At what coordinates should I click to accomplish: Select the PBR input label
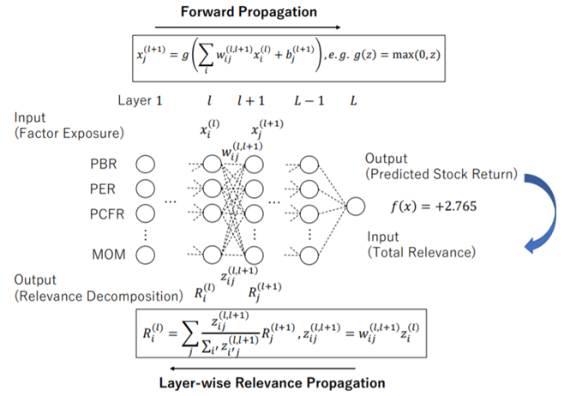[x=105, y=163]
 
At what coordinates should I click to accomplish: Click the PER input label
[x=105, y=186]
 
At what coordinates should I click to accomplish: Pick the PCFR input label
[x=109, y=208]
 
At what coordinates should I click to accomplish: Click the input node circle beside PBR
[x=145, y=163]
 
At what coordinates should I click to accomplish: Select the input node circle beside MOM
[x=145, y=254]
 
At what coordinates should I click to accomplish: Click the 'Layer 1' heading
[x=140, y=100]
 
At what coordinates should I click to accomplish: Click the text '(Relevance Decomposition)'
[x=95, y=297]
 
